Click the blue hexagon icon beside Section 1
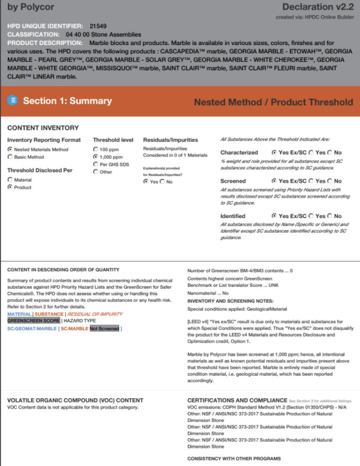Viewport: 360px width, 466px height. [x=13, y=100]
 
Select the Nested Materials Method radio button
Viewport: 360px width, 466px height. [x=10, y=150]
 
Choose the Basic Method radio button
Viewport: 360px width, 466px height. [x=10, y=157]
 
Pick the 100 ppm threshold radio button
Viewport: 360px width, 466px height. [x=96, y=150]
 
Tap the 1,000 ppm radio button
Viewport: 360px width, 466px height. [x=96, y=157]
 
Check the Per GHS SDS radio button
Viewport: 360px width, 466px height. [x=96, y=165]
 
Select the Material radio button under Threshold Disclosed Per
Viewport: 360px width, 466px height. [x=10, y=180]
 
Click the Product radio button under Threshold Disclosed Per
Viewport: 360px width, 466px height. [x=10, y=187]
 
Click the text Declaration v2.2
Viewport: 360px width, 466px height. [x=317, y=7]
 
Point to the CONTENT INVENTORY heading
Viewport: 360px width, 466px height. [x=43, y=128]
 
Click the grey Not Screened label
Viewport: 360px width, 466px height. [x=104, y=329]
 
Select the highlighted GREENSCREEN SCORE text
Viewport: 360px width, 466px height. [x=33, y=321]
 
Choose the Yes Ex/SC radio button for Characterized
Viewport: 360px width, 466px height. [x=274, y=152]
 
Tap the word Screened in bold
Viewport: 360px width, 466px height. [x=233, y=180]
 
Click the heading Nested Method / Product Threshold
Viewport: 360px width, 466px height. [x=273, y=102]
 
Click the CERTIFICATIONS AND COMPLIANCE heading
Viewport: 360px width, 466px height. [x=237, y=400]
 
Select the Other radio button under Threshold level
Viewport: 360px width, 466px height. [x=96, y=172]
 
